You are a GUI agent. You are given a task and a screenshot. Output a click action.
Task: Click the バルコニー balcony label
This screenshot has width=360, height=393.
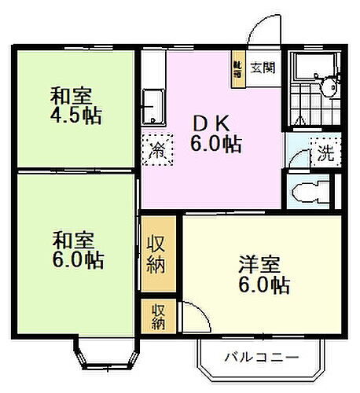coord(262,357)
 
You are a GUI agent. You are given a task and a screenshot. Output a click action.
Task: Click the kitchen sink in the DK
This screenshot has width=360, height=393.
coord(153,105)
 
